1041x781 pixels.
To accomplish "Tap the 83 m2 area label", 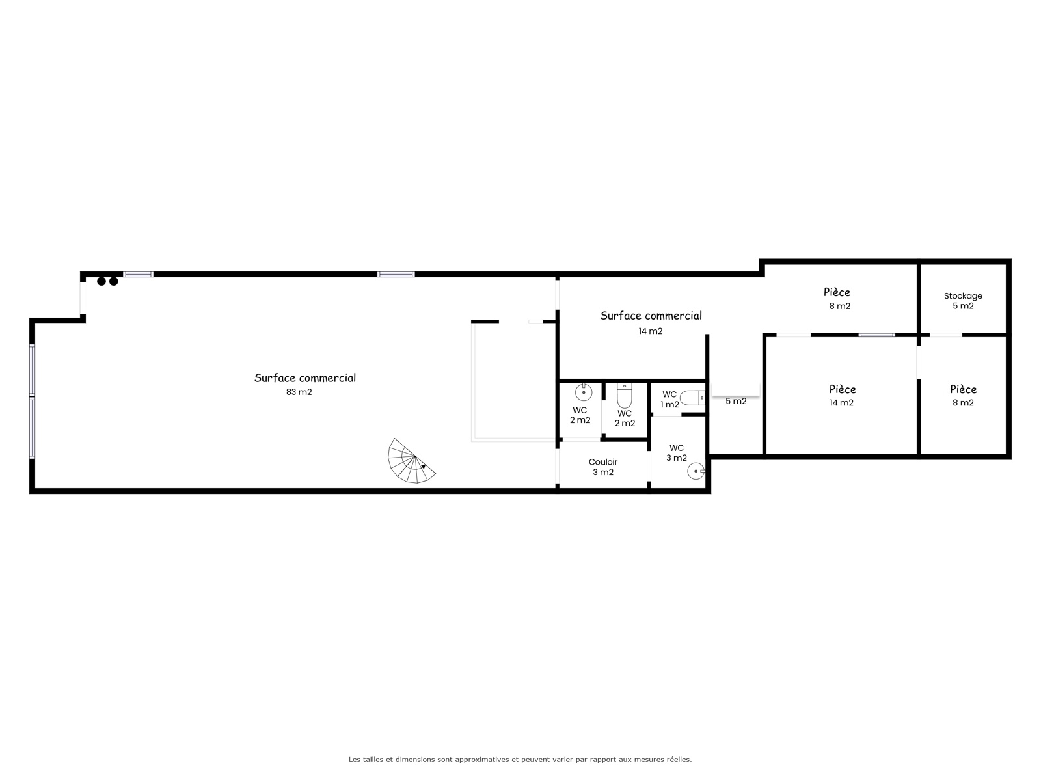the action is [299, 392].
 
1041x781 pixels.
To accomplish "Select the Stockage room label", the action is [963, 296].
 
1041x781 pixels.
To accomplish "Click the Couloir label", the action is [602, 462].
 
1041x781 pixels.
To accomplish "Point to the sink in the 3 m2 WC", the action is [696, 471].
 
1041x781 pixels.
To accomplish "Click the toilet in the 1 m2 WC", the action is [692, 398].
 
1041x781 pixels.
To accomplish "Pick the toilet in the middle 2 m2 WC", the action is [625, 396].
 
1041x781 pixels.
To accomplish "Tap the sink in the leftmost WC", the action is [584, 392].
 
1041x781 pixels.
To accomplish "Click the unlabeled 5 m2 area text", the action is [736, 401].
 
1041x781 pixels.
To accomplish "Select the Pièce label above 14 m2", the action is [843, 389].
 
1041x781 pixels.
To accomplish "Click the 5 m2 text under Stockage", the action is [963, 306].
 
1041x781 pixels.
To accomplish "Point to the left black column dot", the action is [101, 281].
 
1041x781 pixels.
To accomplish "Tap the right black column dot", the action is [114, 281].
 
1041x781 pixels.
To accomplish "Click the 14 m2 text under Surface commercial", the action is [650, 331].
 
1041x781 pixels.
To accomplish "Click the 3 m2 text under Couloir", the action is [603, 473].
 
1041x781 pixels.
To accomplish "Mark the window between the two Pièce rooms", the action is [876, 335].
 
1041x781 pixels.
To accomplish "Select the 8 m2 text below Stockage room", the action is [963, 403].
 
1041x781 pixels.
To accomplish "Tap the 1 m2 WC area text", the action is [669, 404].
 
